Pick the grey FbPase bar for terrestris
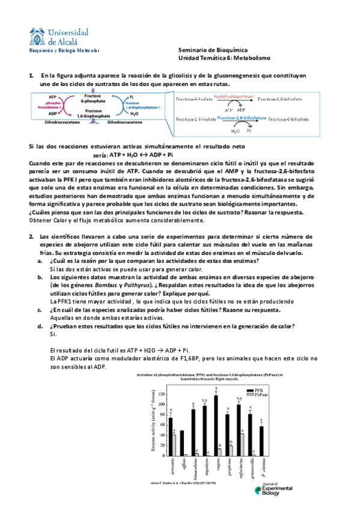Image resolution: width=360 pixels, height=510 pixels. pos(174,444)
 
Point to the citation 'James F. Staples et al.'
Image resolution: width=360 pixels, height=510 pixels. pos(174,482)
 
